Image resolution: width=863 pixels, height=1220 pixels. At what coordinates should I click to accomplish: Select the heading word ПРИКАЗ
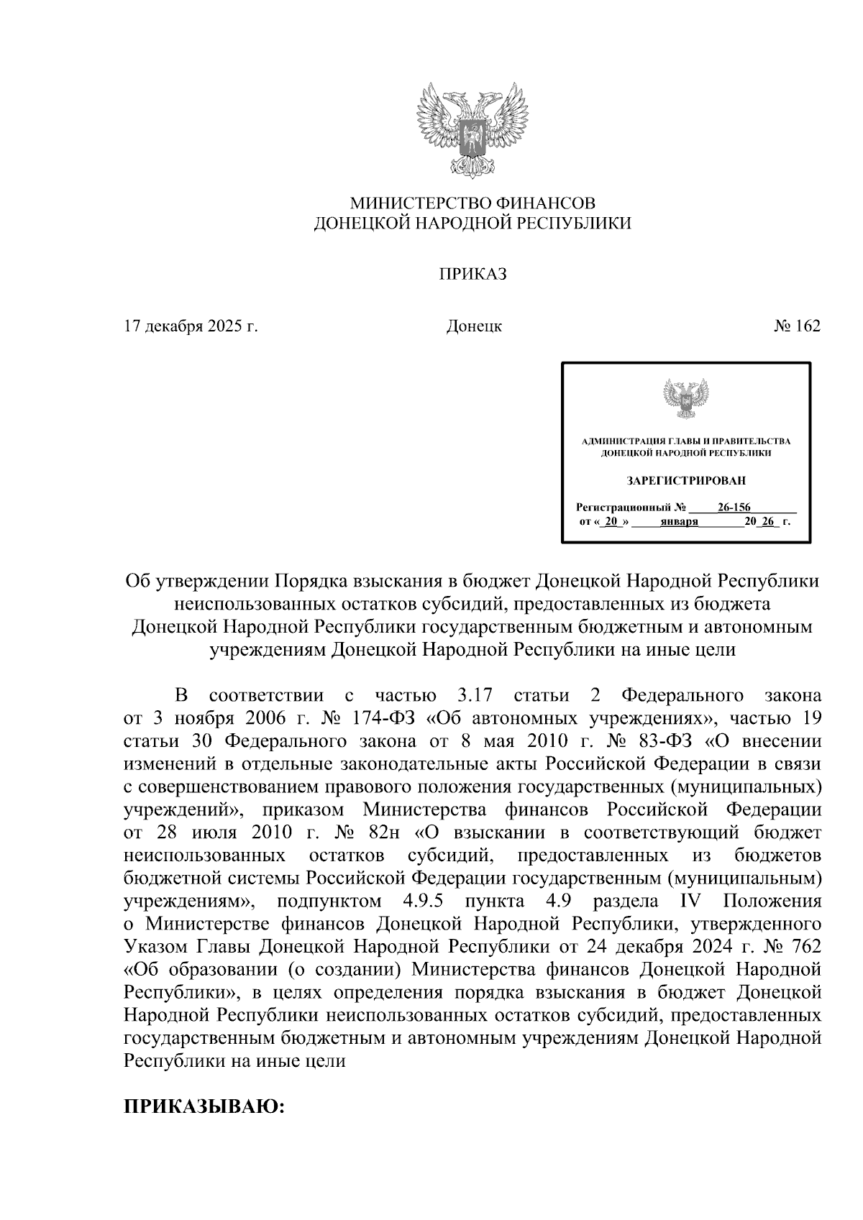(473, 274)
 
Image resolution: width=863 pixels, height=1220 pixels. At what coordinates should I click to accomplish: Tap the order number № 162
(797, 326)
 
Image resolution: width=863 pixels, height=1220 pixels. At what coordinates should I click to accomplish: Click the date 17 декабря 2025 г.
(191, 326)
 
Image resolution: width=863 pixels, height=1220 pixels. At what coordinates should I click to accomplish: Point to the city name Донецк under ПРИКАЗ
(474, 326)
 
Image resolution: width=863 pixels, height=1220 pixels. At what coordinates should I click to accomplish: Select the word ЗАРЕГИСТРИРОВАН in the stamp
(685, 480)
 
